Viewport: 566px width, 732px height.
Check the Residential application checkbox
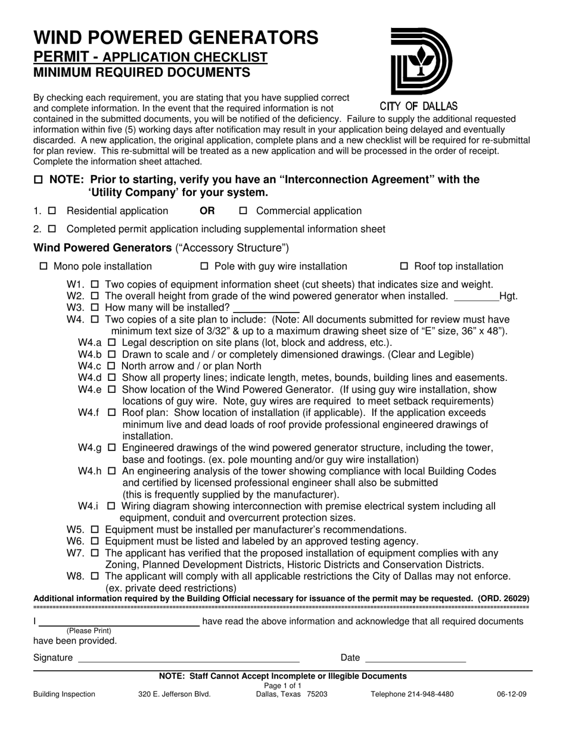52,211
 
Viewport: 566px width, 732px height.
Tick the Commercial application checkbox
243,211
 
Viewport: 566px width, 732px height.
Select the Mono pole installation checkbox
43,266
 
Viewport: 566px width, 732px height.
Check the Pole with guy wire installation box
204,266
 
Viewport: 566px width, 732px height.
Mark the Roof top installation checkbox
403,266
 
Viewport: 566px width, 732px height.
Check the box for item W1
95,284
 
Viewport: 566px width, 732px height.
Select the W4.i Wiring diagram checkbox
111,506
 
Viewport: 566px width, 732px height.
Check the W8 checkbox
95,576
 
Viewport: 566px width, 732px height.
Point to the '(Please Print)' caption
89,631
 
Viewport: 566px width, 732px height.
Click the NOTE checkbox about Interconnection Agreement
39,180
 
